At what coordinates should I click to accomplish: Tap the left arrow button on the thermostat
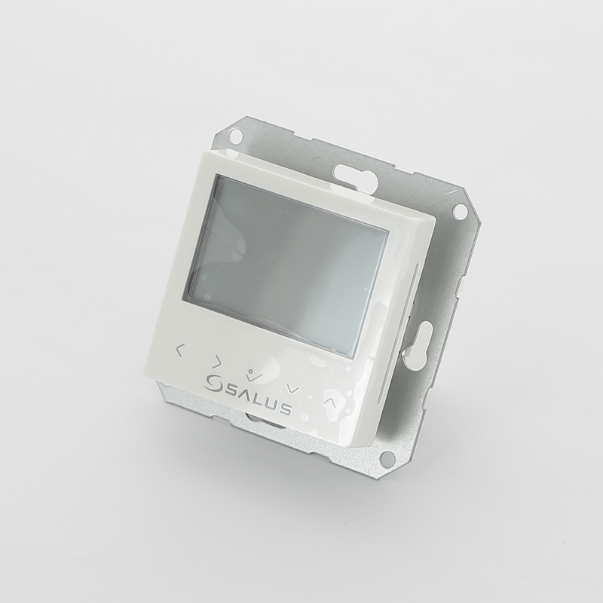(x=179, y=350)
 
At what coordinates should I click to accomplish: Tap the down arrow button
(x=293, y=388)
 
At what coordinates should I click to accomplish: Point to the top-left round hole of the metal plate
(x=236, y=135)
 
